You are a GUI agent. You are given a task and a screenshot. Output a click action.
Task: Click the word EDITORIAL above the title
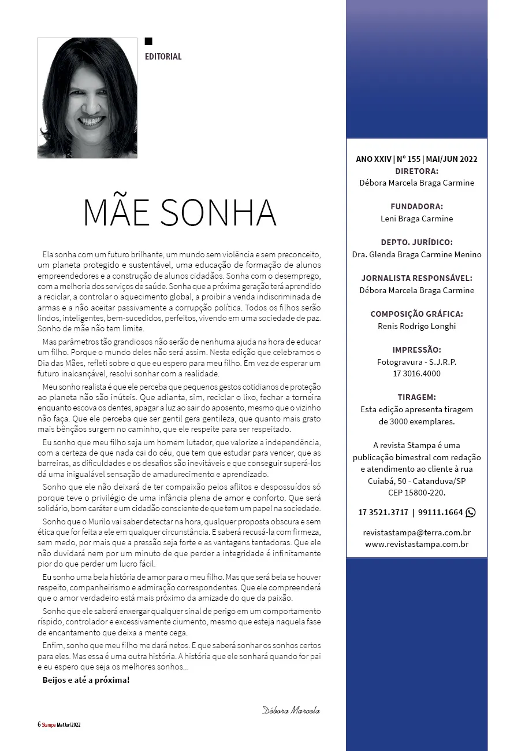163,57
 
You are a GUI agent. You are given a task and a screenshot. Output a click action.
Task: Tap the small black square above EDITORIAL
148,41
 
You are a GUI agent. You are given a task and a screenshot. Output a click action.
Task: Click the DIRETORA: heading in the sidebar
416,171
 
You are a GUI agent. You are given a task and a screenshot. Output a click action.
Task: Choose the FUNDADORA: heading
416,206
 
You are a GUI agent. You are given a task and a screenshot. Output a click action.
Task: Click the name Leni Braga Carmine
416,219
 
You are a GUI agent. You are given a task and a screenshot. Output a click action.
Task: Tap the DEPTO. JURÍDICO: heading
416,242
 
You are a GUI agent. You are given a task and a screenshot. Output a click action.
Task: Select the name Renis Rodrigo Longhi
416,325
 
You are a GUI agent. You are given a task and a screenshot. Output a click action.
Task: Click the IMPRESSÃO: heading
416,350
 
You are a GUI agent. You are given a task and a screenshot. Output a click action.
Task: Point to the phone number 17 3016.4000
416,373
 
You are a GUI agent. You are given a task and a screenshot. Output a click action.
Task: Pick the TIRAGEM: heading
416,397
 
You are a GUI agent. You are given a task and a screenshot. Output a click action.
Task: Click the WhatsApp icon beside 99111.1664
471,512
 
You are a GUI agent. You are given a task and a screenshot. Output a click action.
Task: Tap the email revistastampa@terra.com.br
416,532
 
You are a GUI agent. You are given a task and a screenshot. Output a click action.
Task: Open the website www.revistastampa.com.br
416,544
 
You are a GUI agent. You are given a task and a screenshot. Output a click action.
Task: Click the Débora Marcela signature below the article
291,710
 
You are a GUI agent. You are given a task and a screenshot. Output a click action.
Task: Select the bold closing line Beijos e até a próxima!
86,679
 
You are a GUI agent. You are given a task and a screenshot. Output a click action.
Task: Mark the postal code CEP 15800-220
416,493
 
